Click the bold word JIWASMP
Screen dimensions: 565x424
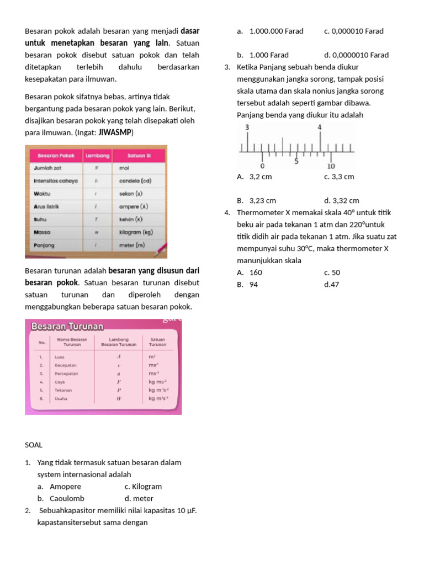click(x=115, y=133)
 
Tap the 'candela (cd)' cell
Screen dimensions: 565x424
click(x=135, y=180)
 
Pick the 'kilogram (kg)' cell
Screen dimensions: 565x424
click(x=136, y=232)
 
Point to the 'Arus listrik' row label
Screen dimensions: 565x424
click(x=46, y=206)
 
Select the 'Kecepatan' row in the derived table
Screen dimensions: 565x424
click(x=66, y=365)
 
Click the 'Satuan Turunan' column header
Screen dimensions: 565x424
click(x=157, y=342)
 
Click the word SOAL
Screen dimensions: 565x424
click(x=34, y=445)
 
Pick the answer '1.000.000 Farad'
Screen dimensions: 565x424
click(x=276, y=31)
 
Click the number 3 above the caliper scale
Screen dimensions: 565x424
click(x=247, y=127)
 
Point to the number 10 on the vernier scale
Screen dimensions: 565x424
click(x=331, y=166)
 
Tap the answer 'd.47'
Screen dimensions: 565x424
click(x=332, y=285)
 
